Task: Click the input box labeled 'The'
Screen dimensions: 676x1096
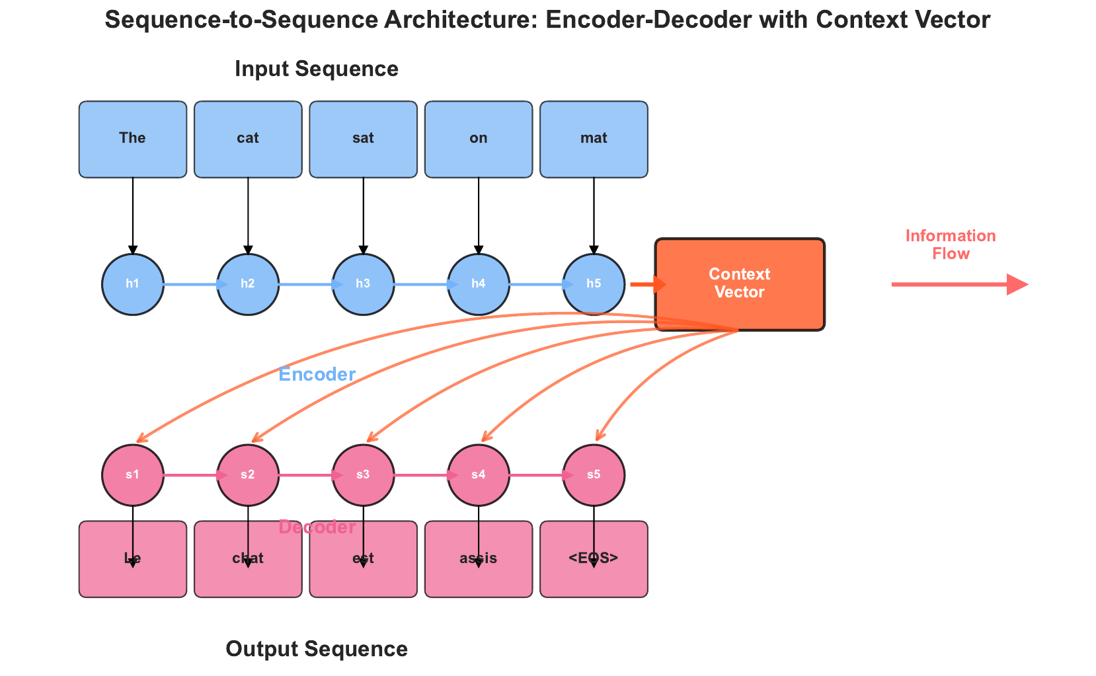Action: (x=133, y=139)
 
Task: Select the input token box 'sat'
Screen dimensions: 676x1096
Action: (x=363, y=139)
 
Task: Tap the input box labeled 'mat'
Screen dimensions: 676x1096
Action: (x=594, y=139)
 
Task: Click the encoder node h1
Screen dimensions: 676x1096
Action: (x=133, y=284)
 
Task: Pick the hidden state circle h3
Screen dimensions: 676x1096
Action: (x=363, y=284)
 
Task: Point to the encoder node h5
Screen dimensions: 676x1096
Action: (x=594, y=284)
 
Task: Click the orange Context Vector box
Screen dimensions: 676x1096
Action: (x=739, y=283)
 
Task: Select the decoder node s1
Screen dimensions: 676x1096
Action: (x=133, y=475)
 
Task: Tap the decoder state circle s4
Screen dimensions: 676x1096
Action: (x=479, y=475)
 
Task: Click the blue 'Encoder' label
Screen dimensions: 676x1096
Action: (x=317, y=375)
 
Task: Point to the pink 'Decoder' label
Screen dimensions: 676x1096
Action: (x=317, y=527)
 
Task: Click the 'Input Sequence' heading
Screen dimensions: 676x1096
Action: (x=316, y=69)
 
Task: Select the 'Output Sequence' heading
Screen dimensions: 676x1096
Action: (x=316, y=649)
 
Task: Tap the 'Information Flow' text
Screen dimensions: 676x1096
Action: (x=950, y=244)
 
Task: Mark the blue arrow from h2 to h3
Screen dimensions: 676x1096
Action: (x=307, y=285)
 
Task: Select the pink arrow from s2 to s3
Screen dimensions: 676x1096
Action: (x=307, y=475)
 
